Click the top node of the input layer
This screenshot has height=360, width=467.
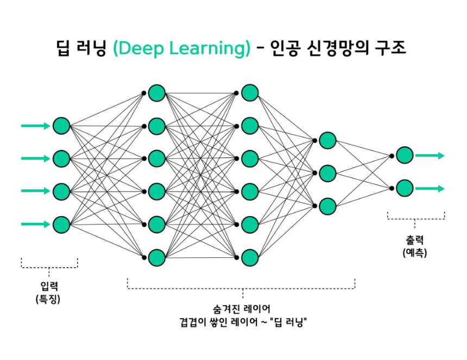[x=61, y=126]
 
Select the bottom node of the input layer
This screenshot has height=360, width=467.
[x=61, y=224]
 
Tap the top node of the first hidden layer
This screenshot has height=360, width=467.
[x=156, y=93]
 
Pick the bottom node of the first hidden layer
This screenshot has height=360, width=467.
[x=156, y=257]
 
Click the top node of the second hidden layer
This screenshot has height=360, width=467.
[x=250, y=93]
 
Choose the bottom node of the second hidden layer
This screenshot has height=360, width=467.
[x=250, y=257]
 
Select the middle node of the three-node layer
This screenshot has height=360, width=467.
[x=327, y=173]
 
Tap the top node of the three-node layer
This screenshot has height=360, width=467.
[x=327, y=140]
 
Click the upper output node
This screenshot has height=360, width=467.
[x=405, y=155]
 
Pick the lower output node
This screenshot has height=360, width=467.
[x=405, y=188]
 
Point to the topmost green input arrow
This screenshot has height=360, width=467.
[x=35, y=126]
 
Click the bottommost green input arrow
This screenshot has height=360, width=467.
[x=35, y=224]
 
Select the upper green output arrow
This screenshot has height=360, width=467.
[x=430, y=155]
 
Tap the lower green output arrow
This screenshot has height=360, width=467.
[x=430, y=188]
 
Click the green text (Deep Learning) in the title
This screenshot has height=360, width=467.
[x=182, y=49]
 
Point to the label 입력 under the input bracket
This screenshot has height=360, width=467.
[x=49, y=286]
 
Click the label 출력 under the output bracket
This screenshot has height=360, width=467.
[x=415, y=241]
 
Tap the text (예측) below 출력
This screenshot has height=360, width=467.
[x=415, y=253]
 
